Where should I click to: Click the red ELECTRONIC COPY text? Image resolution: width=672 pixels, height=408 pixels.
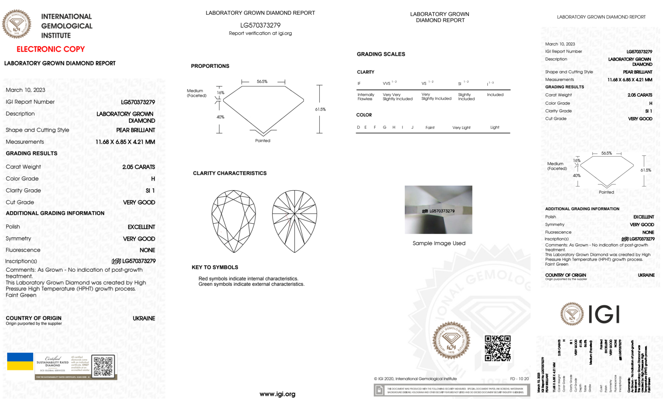click(51, 49)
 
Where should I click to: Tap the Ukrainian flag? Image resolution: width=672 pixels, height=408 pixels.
click(20, 361)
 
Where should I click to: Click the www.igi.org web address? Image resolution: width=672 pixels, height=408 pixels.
click(277, 394)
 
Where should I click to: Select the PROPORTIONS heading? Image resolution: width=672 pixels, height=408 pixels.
click(210, 66)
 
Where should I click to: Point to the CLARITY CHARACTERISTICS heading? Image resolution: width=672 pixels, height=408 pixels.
click(230, 173)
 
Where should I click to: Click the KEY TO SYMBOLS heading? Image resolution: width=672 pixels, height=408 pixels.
click(215, 267)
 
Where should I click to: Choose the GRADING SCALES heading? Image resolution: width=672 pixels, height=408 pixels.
click(381, 54)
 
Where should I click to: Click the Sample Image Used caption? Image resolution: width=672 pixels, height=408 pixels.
click(439, 243)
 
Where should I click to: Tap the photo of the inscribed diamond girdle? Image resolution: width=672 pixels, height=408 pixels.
click(438, 210)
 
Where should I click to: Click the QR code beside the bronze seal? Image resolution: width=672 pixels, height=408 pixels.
click(497, 348)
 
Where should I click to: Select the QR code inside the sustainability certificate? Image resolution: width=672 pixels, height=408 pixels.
click(103, 366)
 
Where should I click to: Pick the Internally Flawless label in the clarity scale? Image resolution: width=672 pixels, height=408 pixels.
click(366, 97)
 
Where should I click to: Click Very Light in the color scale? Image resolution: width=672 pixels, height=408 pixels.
click(461, 128)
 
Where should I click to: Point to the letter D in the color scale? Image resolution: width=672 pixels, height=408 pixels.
click(358, 127)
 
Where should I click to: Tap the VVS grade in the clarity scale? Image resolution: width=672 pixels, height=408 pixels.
click(387, 83)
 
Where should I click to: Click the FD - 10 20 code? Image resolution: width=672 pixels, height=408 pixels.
click(519, 379)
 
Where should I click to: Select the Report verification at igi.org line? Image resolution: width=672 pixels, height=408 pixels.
click(260, 33)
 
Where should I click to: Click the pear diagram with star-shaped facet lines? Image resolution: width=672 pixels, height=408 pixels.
click(295, 221)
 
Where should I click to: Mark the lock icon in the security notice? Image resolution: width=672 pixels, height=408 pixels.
click(379, 390)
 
